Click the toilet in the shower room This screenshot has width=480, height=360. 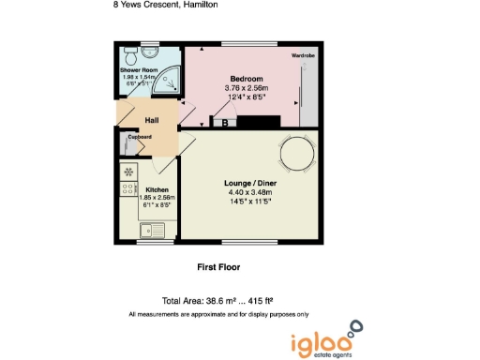click(130, 52)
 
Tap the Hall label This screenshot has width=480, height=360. click(151, 120)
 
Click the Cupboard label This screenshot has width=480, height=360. click(140, 137)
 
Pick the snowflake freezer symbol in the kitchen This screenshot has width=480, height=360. click(128, 172)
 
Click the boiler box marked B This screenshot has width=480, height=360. click(224, 122)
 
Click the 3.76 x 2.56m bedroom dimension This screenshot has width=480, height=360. click(247, 88)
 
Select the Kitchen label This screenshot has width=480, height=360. click(157, 188)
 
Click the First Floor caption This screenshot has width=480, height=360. click(217, 267)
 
